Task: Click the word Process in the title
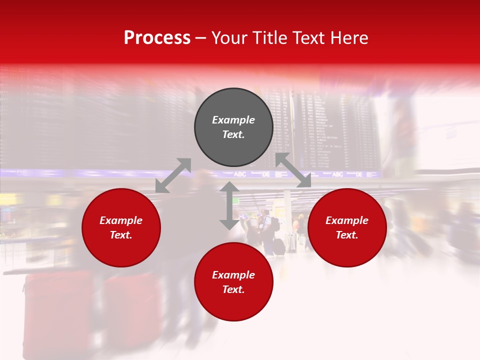point(157,38)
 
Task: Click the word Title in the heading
point(270,38)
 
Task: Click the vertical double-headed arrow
point(229,205)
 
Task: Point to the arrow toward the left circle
point(173,175)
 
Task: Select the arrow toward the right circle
point(293,170)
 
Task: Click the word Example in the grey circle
point(233,120)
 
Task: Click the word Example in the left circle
point(121,220)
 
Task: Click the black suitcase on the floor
point(279,246)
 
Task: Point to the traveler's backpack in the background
point(275,224)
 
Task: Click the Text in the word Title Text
point(309,38)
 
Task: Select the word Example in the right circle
point(347,220)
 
